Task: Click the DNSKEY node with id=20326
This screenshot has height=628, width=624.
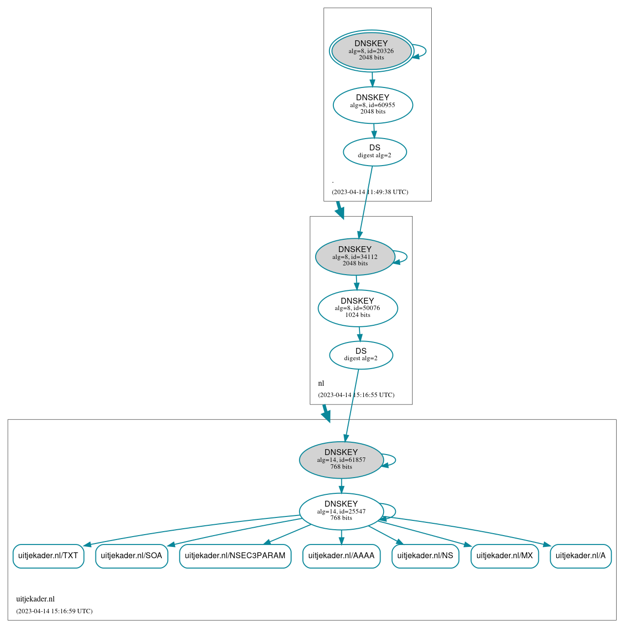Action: [371, 51]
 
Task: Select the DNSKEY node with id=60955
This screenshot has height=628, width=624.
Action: [373, 105]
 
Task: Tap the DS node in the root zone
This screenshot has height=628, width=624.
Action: [375, 152]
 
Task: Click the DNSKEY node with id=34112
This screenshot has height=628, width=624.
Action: [355, 257]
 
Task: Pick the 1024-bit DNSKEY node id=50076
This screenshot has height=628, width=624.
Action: [357, 308]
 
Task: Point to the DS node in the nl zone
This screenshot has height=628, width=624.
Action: [361, 355]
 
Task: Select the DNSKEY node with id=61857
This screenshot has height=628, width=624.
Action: [341, 460]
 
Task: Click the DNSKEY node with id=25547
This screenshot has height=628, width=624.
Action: [341, 512]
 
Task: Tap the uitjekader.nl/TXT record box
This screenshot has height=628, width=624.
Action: [48, 556]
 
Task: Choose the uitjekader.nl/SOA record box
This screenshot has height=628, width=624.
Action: [131, 556]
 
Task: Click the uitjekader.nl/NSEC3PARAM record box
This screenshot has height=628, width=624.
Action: [235, 556]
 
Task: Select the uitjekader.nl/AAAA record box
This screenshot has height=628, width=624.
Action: [341, 556]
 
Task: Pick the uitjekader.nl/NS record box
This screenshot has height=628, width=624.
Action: [425, 556]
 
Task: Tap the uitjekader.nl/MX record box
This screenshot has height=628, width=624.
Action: [505, 556]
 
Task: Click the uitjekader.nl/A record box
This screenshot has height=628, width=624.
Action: [581, 556]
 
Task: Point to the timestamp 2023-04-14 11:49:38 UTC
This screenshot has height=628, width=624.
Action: [370, 192]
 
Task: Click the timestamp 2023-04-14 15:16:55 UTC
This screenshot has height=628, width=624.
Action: [356, 395]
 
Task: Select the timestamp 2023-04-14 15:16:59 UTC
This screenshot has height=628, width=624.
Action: [54, 611]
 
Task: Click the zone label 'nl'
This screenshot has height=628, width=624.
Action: [321, 383]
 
